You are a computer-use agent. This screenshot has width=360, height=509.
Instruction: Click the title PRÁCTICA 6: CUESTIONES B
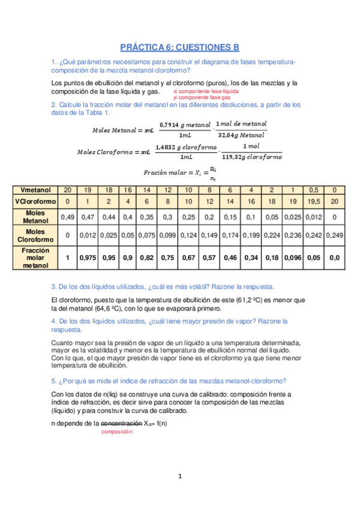pos(179,47)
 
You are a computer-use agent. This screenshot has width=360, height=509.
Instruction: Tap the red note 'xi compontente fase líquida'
pos(205,91)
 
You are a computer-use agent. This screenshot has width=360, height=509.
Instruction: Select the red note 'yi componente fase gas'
pos(202,97)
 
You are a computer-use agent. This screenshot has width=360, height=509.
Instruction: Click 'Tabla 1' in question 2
pos(97,112)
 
